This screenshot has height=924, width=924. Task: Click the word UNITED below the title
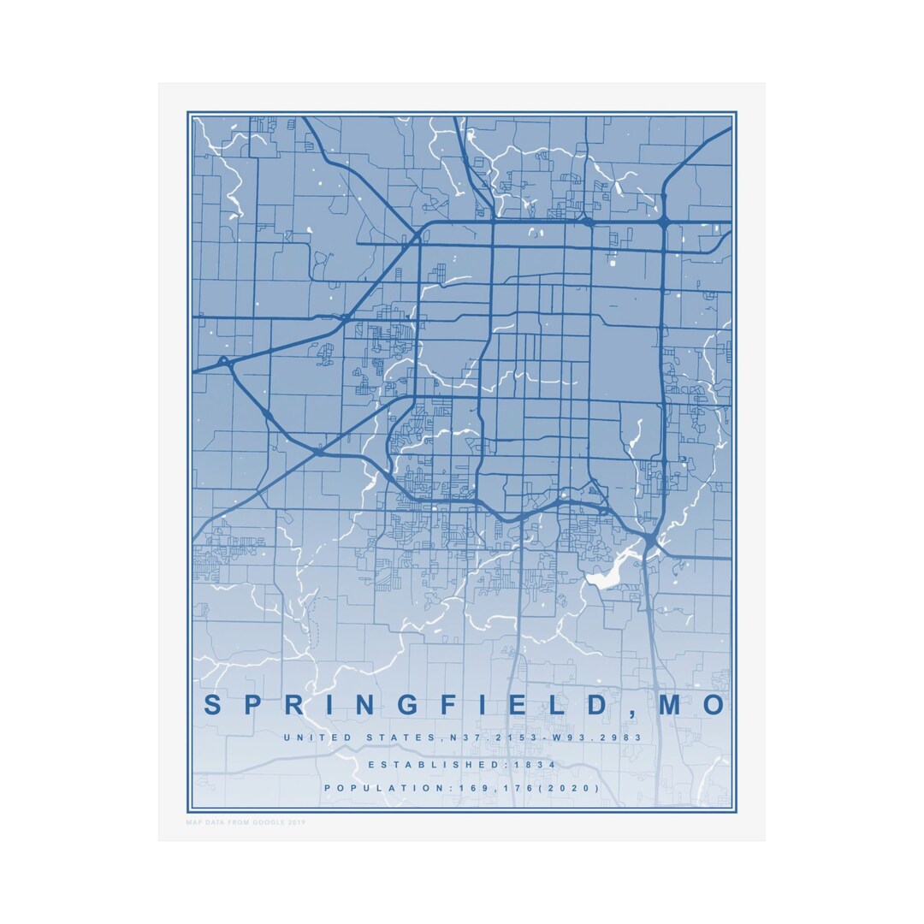[317, 737]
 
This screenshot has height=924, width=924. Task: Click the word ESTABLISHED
[417, 764]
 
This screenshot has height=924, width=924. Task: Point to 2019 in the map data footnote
[296, 822]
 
